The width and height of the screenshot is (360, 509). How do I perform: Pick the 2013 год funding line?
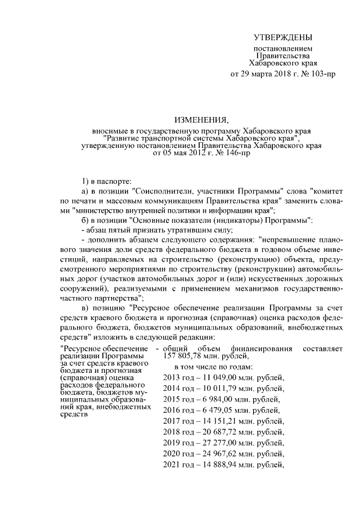click(x=223, y=377)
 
